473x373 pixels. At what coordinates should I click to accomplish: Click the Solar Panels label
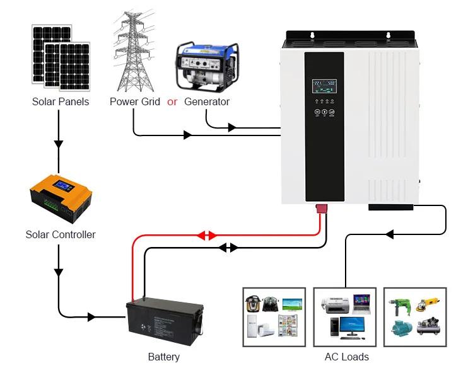click(61, 101)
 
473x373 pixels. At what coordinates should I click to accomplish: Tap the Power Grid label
click(135, 101)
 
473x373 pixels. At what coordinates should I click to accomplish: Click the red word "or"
click(172, 101)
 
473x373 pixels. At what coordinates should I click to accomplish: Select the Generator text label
click(207, 101)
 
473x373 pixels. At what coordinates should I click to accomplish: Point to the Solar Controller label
click(61, 234)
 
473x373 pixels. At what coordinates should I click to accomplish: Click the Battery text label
click(164, 357)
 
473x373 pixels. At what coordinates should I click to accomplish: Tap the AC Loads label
click(347, 357)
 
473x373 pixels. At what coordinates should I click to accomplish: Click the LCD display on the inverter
click(324, 86)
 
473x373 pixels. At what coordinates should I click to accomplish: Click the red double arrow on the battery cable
click(206, 236)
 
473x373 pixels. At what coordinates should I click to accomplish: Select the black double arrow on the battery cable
click(228, 248)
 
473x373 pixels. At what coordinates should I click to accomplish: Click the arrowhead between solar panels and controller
click(59, 144)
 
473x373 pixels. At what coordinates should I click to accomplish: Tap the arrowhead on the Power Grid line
click(187, 135)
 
